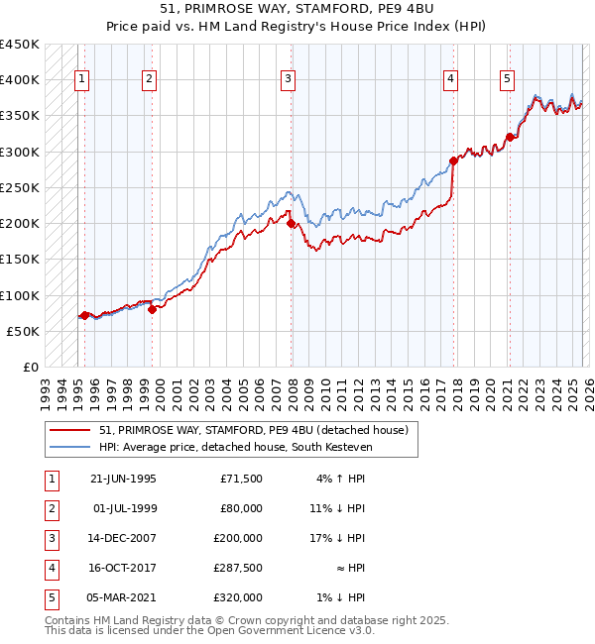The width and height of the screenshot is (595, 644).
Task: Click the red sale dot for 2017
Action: coord(453,161)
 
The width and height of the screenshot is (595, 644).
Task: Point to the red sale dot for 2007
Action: coord(292,224)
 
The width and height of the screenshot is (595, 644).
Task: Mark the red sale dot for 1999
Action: coord(152,309)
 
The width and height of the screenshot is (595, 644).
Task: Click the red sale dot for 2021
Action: coord(510,138)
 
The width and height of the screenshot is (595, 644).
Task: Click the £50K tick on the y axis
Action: coord(24,332)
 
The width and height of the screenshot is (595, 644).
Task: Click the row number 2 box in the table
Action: coord(50,508)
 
